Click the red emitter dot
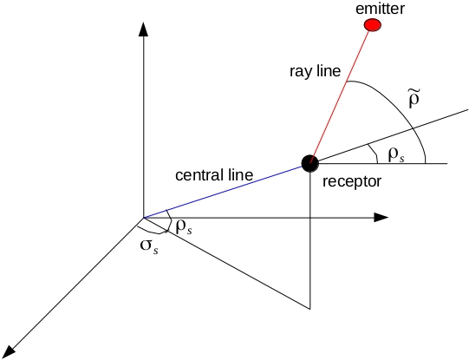pyautogui.click(x=372, y=25)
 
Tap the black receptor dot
pyautogui.click(x=309, y=162)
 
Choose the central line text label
pyautogui.click(x=214, y=174)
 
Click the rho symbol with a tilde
pyautogui.click(x=416, y=103)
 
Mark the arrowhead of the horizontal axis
pyautogui.click(x=380, y=217)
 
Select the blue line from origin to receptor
pyautogui.click(x=225, y=190)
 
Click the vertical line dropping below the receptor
pyautogui.click(x=309, y=243)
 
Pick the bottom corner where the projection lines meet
pyautogui.click(x=309, y=308)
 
